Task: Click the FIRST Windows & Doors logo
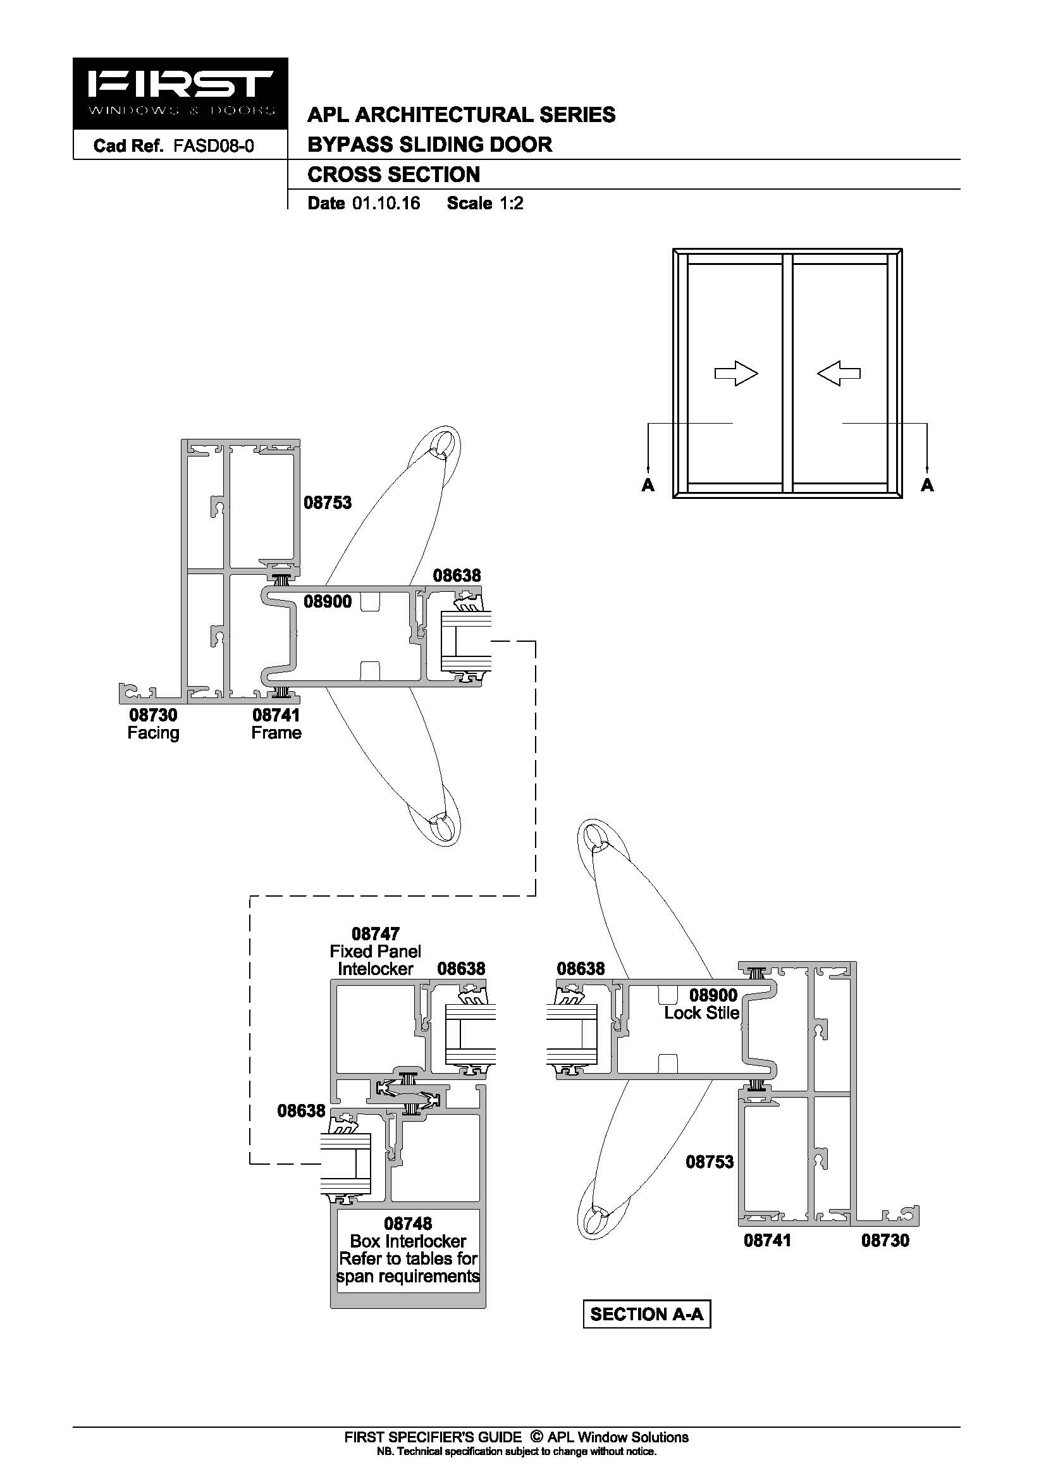pos(180,94)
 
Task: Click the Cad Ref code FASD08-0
pos(213,146)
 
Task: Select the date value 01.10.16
pos(386,204)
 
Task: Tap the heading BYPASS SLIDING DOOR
pos(429,144)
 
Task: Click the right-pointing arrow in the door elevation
pos(736,373)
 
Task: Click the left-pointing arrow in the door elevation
pos(839,373)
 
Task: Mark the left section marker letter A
pos(648,485)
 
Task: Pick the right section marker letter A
pos(927,485)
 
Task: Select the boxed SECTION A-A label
pos(647,1314)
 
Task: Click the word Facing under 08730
pos(153,733)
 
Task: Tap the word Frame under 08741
pos(276,733)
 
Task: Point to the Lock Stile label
pos(701,1013)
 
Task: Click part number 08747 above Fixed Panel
pos(376,933)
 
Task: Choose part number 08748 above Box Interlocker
pos(408,1224)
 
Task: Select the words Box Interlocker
pos(408,1241)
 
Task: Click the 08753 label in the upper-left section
pos(328,503)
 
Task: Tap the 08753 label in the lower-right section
pos(710,1162)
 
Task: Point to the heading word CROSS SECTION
pos(393,175)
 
